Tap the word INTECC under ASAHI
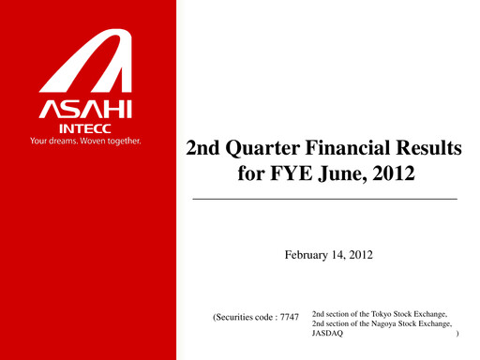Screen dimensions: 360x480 coord(90,128)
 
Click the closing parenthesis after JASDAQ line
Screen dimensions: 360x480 coord(457,334)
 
